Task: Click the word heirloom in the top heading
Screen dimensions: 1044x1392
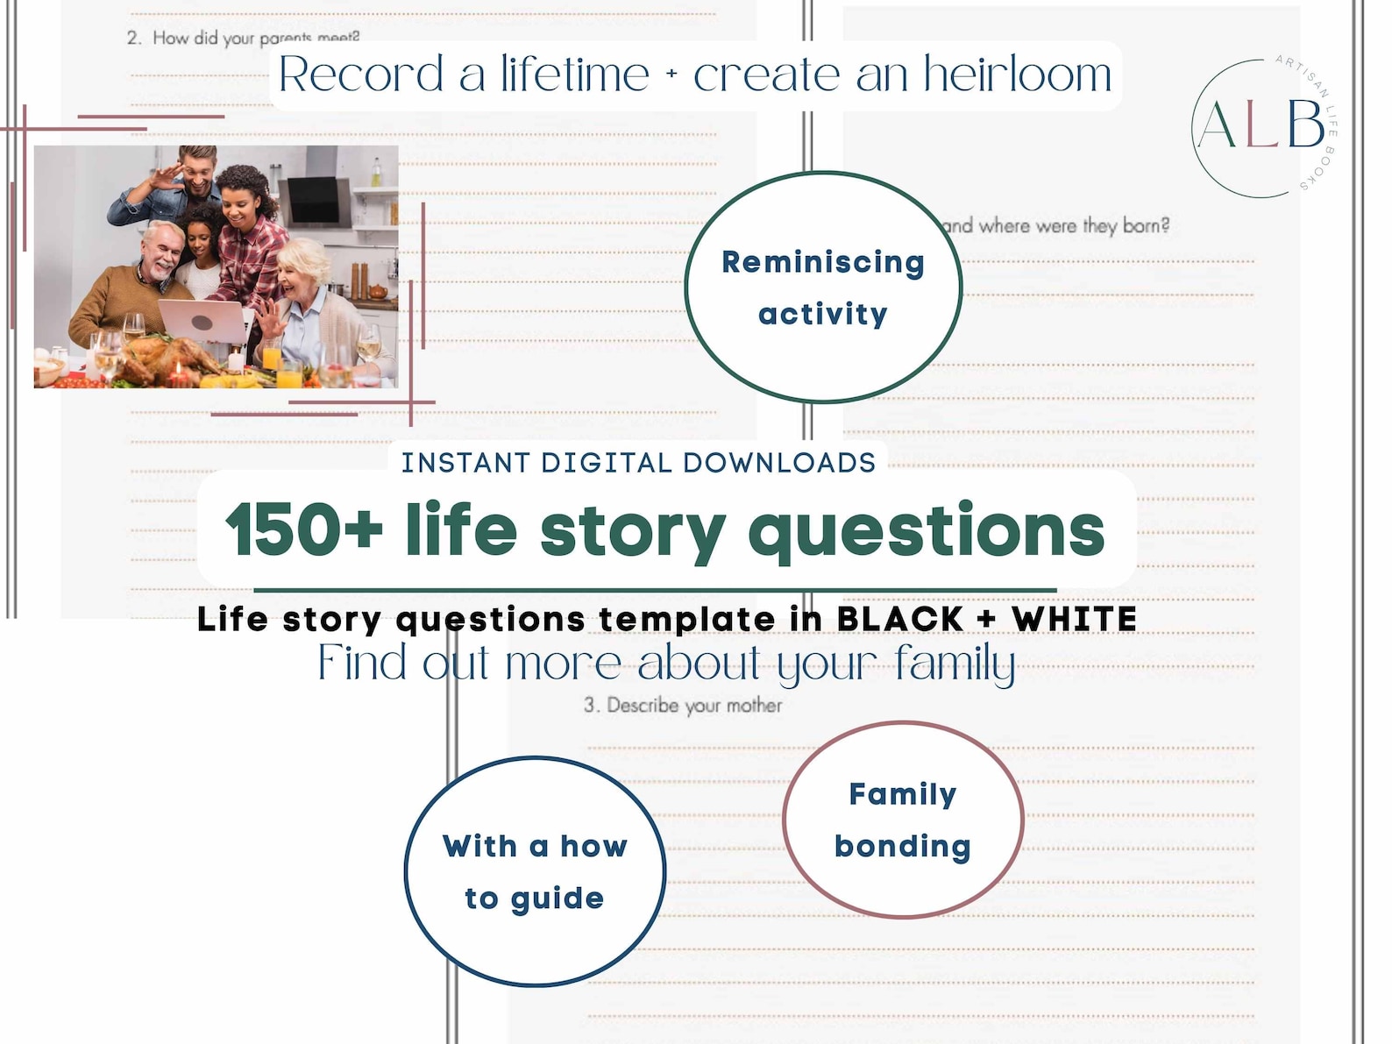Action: pos(1017,75)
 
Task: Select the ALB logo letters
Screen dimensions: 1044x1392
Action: pos(1261,125)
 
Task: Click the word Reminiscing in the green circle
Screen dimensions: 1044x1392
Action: pos(822,262)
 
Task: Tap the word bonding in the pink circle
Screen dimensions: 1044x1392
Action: pos(902,847)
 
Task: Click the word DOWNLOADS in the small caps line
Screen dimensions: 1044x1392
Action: pos(779,463)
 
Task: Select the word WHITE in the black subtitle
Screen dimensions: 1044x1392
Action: pos(1074,619)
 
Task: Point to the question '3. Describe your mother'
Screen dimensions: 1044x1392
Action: pos(683,706)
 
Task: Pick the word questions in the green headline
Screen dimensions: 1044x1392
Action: pos(926,529)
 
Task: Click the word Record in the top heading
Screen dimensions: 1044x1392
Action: pos(361,75)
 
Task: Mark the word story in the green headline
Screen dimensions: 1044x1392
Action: pos(632,529)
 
